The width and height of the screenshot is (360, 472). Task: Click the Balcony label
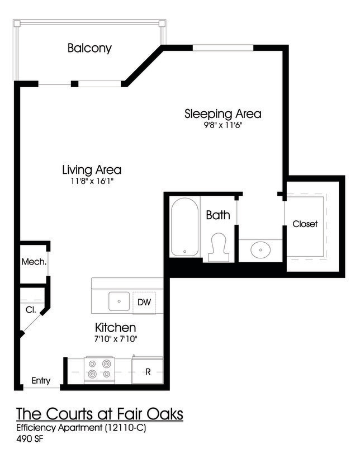89,48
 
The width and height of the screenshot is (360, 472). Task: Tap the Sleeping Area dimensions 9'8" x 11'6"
223,126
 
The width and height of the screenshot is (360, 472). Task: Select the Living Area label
92,169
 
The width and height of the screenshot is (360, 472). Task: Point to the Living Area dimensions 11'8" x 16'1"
92,182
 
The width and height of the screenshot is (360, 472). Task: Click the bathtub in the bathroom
184,226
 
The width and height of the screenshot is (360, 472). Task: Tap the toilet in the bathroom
219,248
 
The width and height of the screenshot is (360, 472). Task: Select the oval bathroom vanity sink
260,249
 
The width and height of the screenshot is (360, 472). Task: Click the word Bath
218,215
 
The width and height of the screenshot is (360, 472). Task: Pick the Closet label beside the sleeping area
305,224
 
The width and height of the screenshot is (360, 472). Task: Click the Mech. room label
34,262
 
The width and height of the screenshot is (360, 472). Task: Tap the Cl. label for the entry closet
30,309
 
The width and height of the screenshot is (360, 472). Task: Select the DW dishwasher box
144,303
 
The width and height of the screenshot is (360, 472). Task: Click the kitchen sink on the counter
119,301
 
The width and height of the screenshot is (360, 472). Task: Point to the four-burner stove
99,369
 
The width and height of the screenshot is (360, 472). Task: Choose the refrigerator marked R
148,371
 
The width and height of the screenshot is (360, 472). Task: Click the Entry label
41,381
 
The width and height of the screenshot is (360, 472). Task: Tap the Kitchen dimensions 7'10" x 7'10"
116,339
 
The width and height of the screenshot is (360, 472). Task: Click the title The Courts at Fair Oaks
100,415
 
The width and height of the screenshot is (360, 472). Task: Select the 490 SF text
30,439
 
